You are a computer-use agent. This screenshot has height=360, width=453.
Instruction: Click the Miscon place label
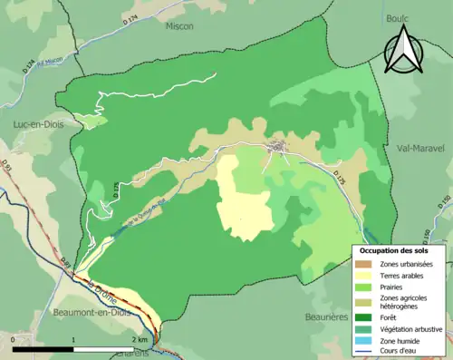[179, 26]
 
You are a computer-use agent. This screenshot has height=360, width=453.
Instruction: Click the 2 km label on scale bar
[140, 339]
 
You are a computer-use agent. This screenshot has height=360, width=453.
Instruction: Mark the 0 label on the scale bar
[13, 339]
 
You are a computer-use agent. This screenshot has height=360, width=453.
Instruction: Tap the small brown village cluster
[276, 146]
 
